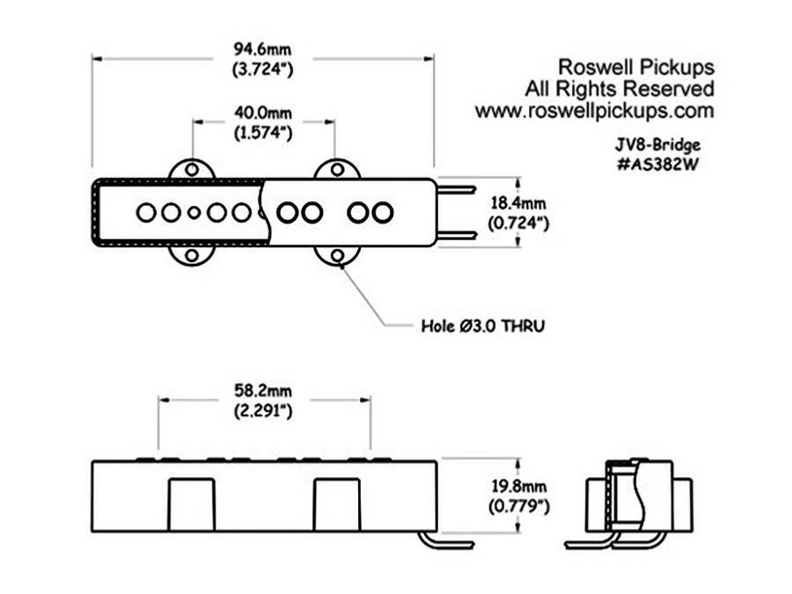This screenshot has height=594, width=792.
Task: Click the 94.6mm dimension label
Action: pos(262,49)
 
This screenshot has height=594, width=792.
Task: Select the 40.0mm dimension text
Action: pos(263,113)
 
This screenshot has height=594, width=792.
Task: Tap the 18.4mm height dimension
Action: pos(518,203)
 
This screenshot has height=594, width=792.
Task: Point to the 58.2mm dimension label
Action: pos(262,391)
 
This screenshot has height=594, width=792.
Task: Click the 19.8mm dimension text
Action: pos(518,487)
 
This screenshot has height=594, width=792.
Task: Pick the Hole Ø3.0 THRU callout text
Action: pos(483,326)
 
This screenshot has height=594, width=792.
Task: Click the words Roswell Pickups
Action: pos(636,67)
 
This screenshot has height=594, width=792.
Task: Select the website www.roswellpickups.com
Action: pos(595,111)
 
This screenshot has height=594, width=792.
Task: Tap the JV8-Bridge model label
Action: pos(657,145)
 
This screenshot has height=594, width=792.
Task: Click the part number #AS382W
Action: pos(657,165)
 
